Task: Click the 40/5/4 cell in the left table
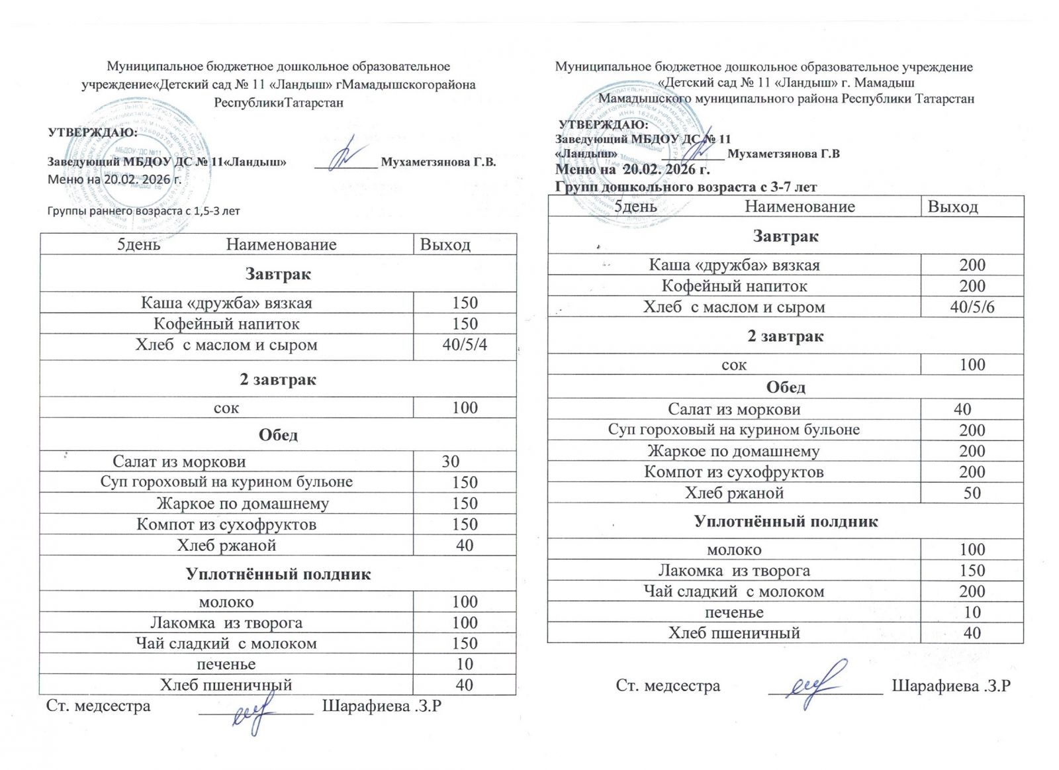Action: [x=465, y=345]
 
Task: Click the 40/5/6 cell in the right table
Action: [x=972, y=307]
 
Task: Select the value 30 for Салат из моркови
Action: [x=451, y=461]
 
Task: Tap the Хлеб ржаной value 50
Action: [x=972, y=493]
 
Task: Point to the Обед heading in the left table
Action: [x=278, y=435]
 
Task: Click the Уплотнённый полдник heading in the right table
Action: [x=786, y=521]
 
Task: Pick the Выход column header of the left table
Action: [x=445, y=245]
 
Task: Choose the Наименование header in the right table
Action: [x=800, y=207]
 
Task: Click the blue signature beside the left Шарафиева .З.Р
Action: [x=255, y=712]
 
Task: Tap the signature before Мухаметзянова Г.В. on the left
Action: [x=347, y=155]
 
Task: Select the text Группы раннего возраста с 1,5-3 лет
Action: [x=144, y=211]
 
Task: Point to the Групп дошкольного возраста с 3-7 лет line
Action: [x=686, y=187]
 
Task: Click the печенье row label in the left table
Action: [x=226, y=664]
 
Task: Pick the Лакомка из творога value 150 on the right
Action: [x=972, y=571]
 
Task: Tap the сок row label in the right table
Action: [x=734, y=365]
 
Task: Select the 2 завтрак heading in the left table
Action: [x=278, y=379]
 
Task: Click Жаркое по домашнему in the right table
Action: [x=733, y=452]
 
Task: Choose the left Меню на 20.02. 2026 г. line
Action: [x=115, y=179]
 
